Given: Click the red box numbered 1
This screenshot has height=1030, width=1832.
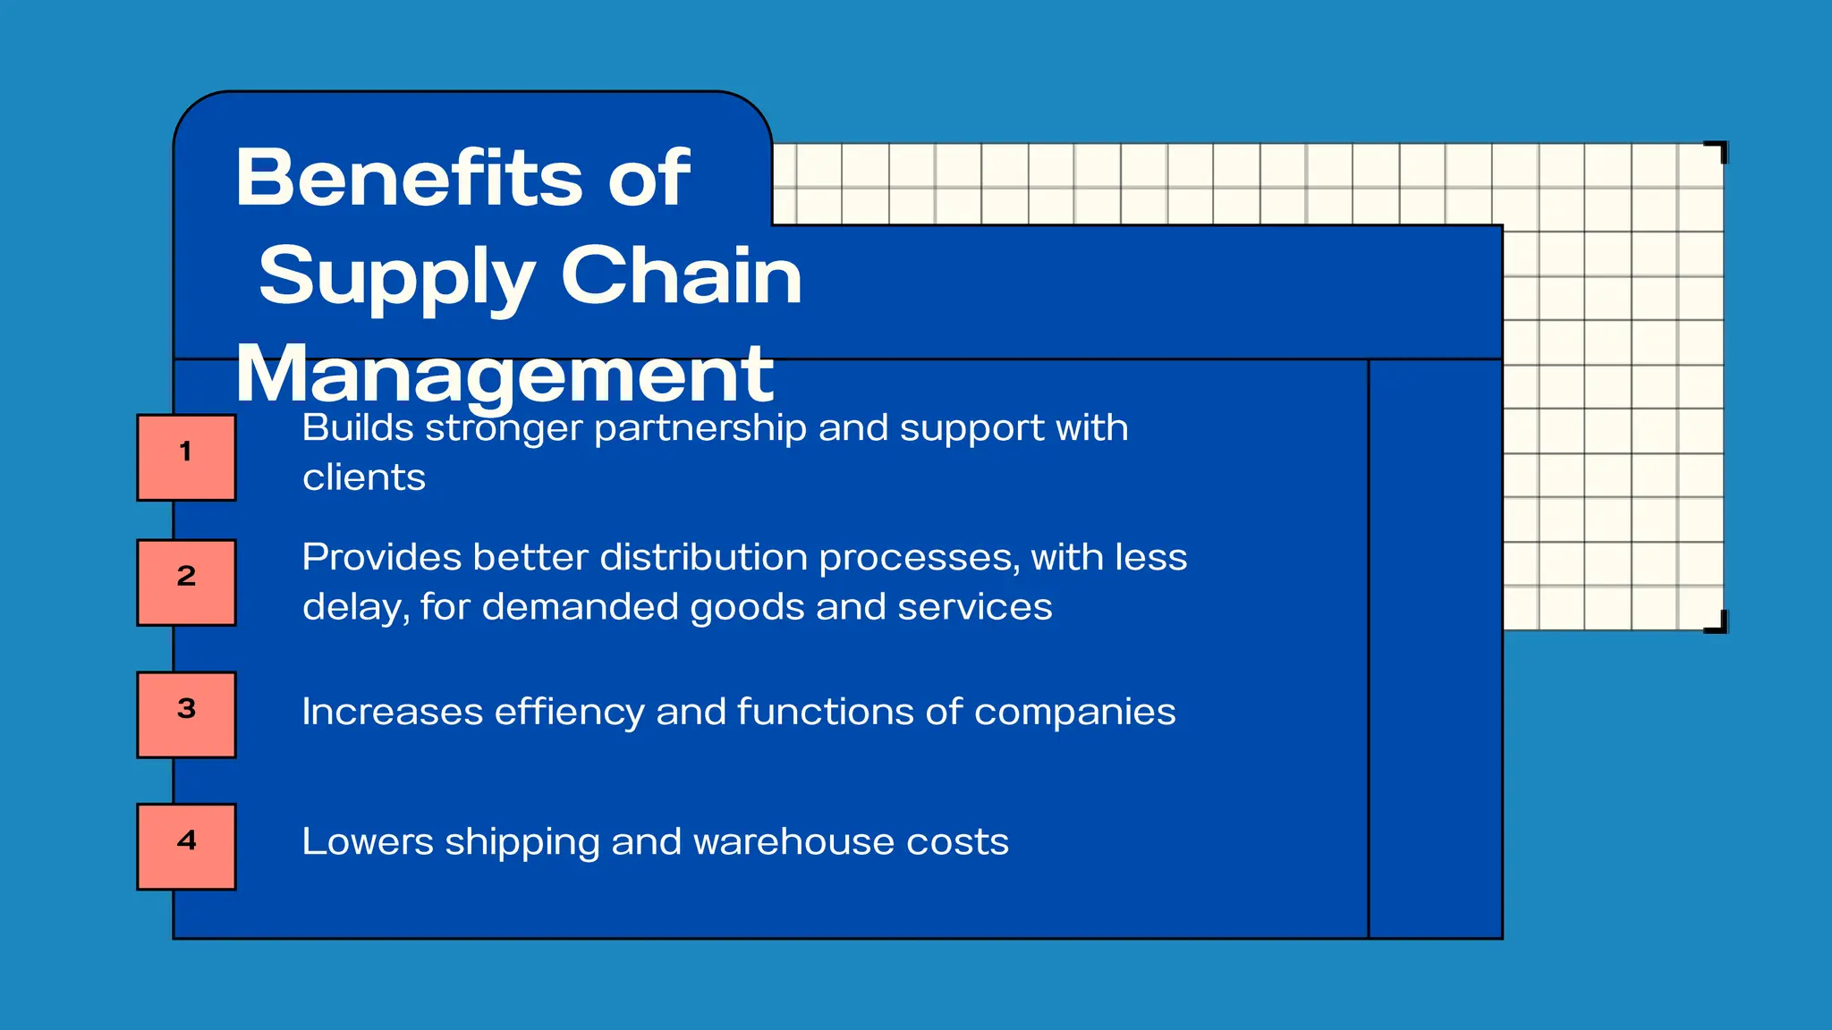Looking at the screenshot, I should pyautogui.click(x=186, y=457).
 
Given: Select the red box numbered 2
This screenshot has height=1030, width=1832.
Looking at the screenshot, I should pyautogui.click(x=186, y=582).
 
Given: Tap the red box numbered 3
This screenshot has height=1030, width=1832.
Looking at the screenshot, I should pyautogui.click(x=186, y=714).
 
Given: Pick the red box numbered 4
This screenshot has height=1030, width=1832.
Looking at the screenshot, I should pyautogui.click(x=186, y=846).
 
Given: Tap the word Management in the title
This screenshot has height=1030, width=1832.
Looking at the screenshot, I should pyautogui.click(x=505, y=375).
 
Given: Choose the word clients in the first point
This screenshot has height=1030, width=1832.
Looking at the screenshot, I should pyautogui.click(x=363, y=477).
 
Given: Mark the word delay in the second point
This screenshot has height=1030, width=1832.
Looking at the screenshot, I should pyautogui.click(x=355, y=608).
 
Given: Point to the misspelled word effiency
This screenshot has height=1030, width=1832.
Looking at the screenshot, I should pyautogui.click(x=569, y=713).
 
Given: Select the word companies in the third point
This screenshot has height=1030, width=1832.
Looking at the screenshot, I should pyautogui.click(x=1074, y=713).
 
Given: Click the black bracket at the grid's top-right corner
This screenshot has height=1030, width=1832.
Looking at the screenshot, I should pyautogui.click(x=1718, y=150).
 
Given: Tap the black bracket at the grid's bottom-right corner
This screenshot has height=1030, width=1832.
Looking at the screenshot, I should pyautogui.click(x=1718, y=623).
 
